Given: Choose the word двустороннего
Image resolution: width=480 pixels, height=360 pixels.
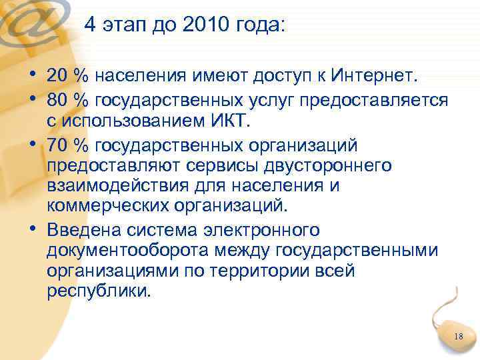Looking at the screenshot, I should tap(325, 165).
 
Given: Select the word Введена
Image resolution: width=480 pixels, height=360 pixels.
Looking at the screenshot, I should tap(77, 230).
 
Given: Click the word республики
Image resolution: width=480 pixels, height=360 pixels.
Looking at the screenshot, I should tap(99, 293).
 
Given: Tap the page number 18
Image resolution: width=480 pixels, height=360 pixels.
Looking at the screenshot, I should tap(458, 337).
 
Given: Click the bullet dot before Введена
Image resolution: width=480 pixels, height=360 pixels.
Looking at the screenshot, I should tap(33, 230).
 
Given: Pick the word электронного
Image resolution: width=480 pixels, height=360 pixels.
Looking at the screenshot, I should tap(256, 230).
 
